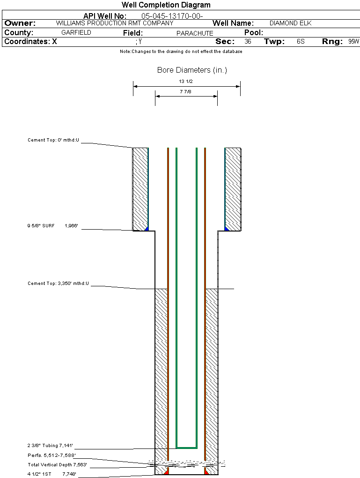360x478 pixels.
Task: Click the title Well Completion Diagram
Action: tap(166, 5)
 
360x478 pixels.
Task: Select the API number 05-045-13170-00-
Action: tap(172, 16)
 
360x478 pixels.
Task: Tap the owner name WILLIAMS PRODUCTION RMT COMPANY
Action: tap(115, 23)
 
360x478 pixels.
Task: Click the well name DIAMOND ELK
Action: tap(291, 23)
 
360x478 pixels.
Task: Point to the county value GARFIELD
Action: tap(76, 33)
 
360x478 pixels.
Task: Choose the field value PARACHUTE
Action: tap(195, 33)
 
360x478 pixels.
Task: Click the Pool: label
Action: tap(254, 33)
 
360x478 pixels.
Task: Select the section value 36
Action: tap(248, 41)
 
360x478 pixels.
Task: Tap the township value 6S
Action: tap(301, 41)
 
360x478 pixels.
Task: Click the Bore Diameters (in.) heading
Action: tap(192, 70)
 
